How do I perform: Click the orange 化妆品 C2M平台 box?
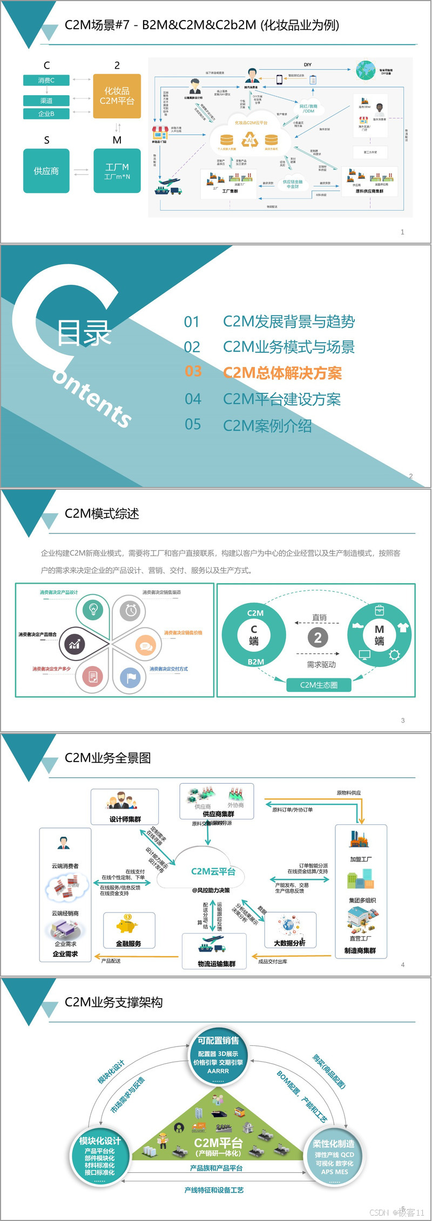(117, 96)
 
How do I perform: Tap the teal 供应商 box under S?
(46, 171)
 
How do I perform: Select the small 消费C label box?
(46, 81)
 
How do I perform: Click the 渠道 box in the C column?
(46, 101)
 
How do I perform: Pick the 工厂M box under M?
(117, 171)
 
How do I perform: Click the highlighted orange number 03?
(193, 372)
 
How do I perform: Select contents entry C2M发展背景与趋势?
(288, 322)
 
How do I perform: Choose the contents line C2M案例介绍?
(267, 426)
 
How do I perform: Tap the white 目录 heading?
(84, 333)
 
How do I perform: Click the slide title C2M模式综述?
(102, 513)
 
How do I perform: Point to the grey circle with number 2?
(318, 638)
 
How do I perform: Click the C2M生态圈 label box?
(319, 685)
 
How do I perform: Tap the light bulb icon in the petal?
(93, 609)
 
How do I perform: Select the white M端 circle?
(379, 635)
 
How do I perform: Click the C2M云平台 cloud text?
(213, 871)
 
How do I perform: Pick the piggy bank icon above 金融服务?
(127, 925)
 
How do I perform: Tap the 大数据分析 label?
(289, 943)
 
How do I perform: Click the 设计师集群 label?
(125, 819)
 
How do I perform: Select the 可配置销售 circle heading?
(218, 1041)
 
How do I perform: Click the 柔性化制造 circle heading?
(334, 1144)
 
